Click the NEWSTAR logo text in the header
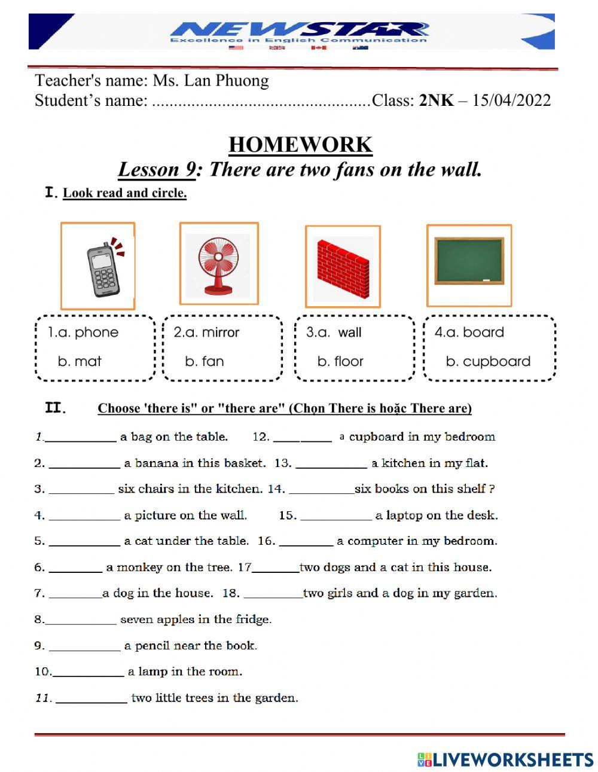pos(299,29)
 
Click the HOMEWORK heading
pos(300,145)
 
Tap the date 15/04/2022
pos(511,100)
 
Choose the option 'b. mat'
pos(80,361)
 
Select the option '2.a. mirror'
pos(206,332)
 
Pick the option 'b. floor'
pos(340,361)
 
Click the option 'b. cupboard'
pos(488,361)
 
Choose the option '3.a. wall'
pos(334,332)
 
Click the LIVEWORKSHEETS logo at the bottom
pos(505,759)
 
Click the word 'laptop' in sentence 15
pos(404,515)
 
